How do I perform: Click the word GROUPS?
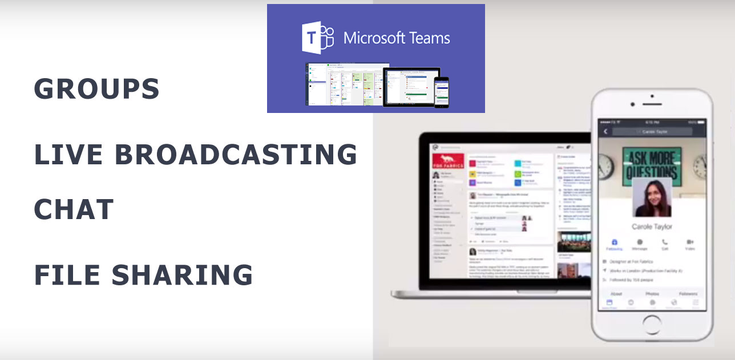(96, 89)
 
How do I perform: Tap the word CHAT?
(74, 209)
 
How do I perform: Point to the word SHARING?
(182, 275)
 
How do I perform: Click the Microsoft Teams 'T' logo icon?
(317, 38)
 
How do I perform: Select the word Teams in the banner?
(425, 39)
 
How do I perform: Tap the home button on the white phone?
(652, 326)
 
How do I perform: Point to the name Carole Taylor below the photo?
(652, 226)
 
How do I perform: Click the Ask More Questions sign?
(651, 165)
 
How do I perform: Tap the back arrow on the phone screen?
(605, 131)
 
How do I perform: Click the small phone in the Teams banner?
(441, 92)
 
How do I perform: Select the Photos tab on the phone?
(652, 293)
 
